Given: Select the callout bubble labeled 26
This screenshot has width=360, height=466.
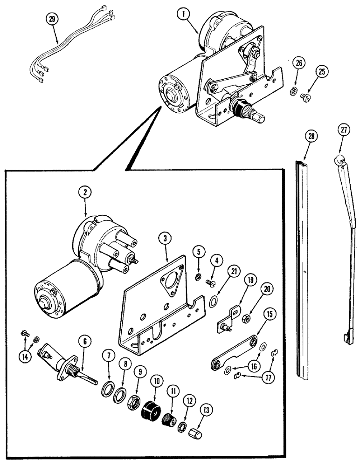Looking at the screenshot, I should click(x=299, y=63).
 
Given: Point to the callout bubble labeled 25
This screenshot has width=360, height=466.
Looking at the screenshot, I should click(x=321, y=72).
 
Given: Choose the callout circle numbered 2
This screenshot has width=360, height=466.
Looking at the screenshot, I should click(x=85, y=192).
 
